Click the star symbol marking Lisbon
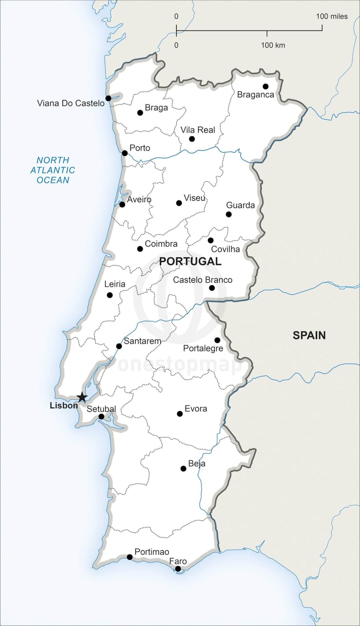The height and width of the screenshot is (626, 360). (x=82, y=397)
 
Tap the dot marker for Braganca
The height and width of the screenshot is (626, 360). (x=265, y=86)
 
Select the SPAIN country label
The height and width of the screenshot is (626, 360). (x=309, y=335)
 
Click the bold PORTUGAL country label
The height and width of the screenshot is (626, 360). (x=190, y=261)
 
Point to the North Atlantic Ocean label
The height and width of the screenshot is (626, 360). (x=53, y=170)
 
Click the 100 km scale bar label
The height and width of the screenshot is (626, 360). (x=273, y=45)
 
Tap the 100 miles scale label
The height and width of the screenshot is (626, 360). (x=332, y=17)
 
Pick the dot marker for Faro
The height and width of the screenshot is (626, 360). (x=178, y=569)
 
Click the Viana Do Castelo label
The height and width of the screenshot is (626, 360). (x=71, y=103)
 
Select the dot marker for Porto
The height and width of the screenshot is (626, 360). (x=125, y=153)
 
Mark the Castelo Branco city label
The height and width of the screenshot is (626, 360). (x=202, y=280)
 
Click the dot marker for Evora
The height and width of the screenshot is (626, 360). (x=180, y=414)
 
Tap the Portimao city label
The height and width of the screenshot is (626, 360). (x=152, y=552)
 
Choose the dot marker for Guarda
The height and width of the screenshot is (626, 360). (x=229, y=214)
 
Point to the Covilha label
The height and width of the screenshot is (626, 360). (x=225, y=249)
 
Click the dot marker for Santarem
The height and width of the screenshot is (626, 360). (x=119, y=346)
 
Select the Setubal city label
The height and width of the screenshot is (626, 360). (x=101, y=409)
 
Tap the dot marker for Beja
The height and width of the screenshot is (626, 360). (x=183, y=469)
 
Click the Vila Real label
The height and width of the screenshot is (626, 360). (x=198, y=130)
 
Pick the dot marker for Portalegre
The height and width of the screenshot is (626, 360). (x=217, y=340)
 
